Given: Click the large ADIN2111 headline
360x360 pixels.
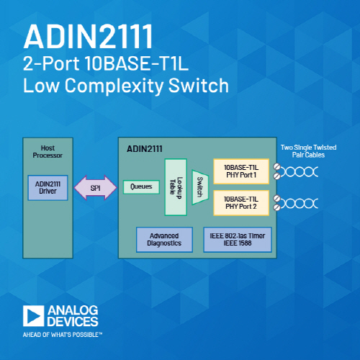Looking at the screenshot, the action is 88,37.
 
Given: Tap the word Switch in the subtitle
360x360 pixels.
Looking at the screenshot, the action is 199,86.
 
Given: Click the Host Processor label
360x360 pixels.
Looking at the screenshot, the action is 48,152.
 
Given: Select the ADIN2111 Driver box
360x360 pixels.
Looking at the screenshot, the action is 48,188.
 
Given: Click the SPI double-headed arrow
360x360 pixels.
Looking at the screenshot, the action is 96,188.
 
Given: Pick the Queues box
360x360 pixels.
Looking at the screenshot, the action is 141,187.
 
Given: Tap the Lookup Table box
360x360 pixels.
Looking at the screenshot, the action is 176,187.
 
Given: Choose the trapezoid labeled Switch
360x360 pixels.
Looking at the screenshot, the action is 200,187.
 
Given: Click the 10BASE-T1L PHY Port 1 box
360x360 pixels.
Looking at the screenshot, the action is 241,171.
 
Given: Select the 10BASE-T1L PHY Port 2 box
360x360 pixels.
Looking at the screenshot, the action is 241,203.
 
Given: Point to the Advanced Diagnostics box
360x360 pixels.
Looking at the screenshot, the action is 164,240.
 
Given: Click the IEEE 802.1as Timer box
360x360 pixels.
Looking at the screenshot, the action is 238,240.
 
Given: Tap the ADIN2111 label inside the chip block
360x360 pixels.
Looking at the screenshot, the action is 145,149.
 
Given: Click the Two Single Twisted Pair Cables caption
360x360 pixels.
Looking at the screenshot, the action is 308,151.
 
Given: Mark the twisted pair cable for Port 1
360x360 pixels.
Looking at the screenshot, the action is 297,171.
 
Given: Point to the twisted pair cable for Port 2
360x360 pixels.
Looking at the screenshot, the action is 297,203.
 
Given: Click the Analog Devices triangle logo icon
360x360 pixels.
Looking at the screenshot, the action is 34,316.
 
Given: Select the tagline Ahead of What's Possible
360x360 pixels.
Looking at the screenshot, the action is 63,335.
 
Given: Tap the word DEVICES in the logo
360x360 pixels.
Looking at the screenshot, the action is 73,322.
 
